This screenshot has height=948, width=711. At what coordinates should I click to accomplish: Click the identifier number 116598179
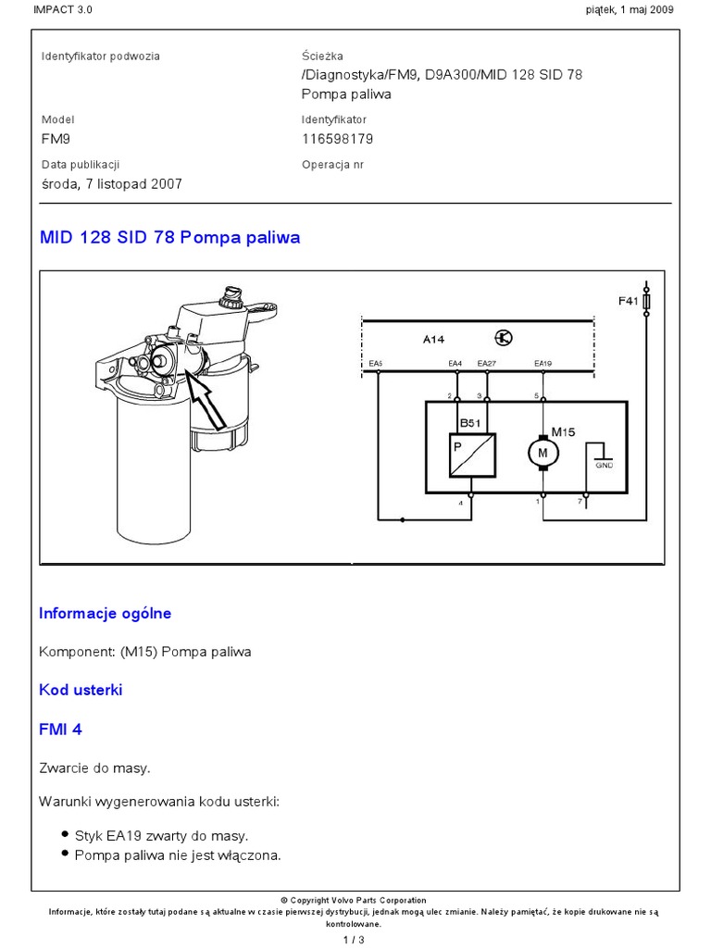point(337,139)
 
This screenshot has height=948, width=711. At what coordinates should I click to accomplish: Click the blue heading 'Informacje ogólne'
point(105,613)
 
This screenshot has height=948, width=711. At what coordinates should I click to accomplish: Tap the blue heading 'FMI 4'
point(60,730)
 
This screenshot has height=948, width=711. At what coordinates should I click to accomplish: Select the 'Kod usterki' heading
point(81,690)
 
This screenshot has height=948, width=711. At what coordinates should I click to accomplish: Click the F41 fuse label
point(629,301)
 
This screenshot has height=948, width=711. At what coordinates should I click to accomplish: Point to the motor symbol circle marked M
point(543,452)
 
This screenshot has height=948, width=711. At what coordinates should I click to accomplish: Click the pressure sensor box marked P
point(472,455)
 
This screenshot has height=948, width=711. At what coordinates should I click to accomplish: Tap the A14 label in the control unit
point(434,340)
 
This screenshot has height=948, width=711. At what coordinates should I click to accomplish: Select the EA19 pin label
point(543,363)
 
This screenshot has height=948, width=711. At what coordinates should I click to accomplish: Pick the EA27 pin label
point(487,363)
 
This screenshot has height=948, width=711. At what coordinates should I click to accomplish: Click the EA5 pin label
point(376,363)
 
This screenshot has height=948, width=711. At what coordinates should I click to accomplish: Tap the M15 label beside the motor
point(564,430)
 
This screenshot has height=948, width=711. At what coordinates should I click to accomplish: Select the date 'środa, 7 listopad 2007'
point(111,183)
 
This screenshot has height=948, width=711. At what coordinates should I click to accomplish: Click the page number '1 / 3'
point(355,940)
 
